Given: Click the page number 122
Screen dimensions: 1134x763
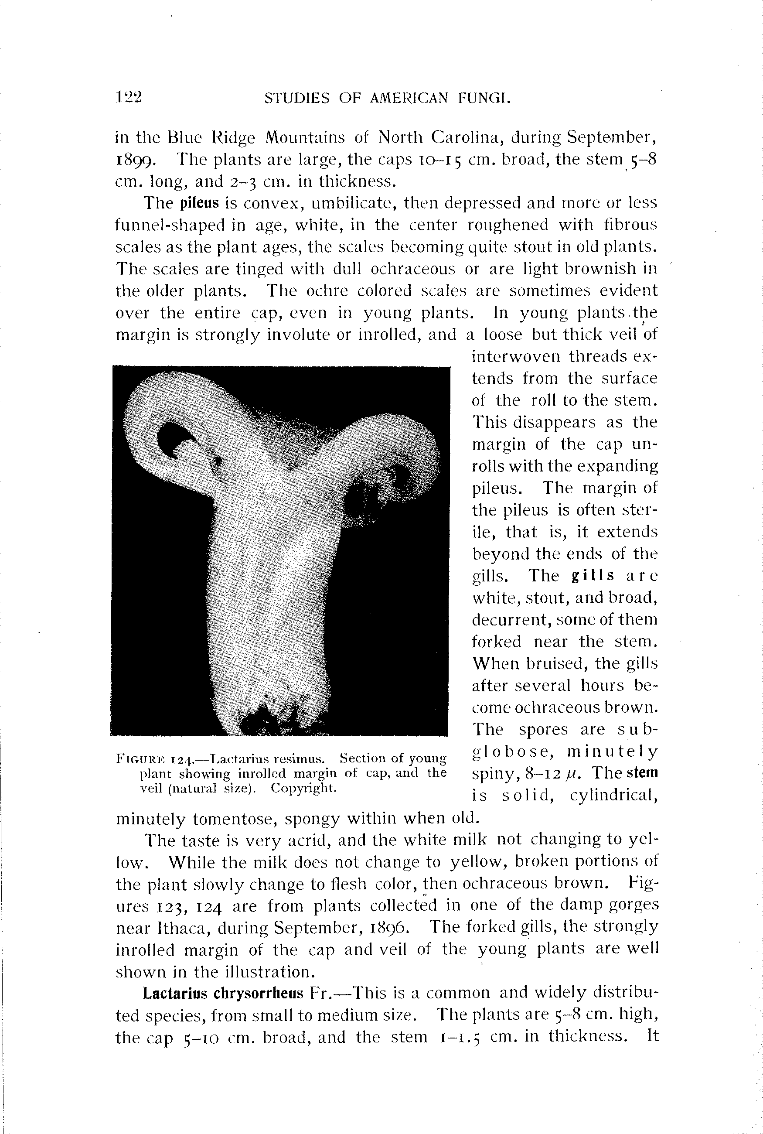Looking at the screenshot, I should (129, 97).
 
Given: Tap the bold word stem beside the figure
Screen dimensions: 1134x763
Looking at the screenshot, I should (642, 772).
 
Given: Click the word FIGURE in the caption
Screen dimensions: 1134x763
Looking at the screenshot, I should (137, 759).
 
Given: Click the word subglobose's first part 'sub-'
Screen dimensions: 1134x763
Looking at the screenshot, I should (637, 730).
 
